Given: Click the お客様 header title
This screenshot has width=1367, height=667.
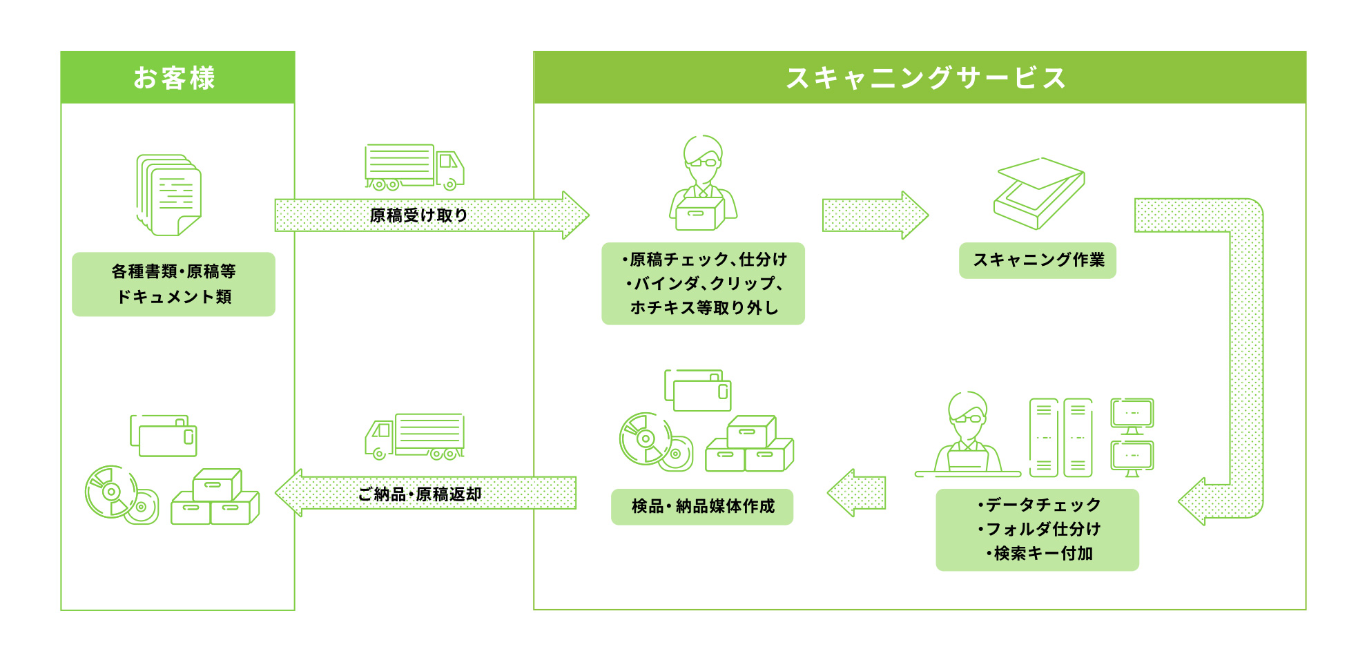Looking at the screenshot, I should [175, 77].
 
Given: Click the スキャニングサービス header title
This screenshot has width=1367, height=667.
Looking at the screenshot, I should [926, 77].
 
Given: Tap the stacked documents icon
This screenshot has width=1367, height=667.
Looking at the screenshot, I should [169, 194].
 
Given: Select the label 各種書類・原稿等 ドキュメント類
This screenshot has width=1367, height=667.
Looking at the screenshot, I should [173, 284].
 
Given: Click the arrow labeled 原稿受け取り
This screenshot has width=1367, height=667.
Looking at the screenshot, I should [432, 215].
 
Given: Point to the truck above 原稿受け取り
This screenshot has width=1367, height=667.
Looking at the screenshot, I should [414, 166].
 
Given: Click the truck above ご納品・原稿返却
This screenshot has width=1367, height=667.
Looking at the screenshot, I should [415, 436].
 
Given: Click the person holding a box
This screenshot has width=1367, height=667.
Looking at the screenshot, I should [703, 183].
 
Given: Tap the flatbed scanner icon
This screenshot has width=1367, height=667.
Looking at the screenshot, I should [1039, 193].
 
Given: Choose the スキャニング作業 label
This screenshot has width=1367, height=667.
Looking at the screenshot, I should [1038, 260].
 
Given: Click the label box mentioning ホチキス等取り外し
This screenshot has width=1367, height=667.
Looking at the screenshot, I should [703, 284].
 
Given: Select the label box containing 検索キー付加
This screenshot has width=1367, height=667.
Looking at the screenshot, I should [1037, 530].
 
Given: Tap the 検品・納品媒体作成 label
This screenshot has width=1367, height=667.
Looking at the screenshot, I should [702, 507].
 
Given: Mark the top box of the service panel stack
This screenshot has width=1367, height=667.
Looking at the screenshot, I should [751, 431].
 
